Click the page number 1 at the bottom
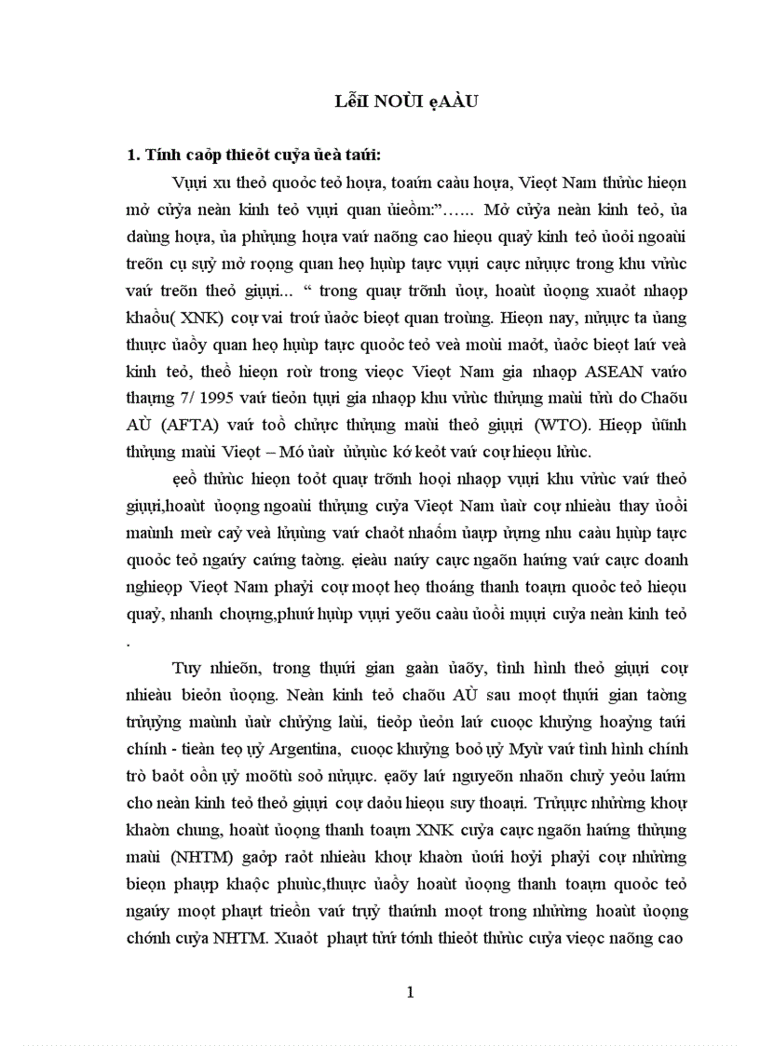coord(409,993)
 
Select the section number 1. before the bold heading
coord(132,155)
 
